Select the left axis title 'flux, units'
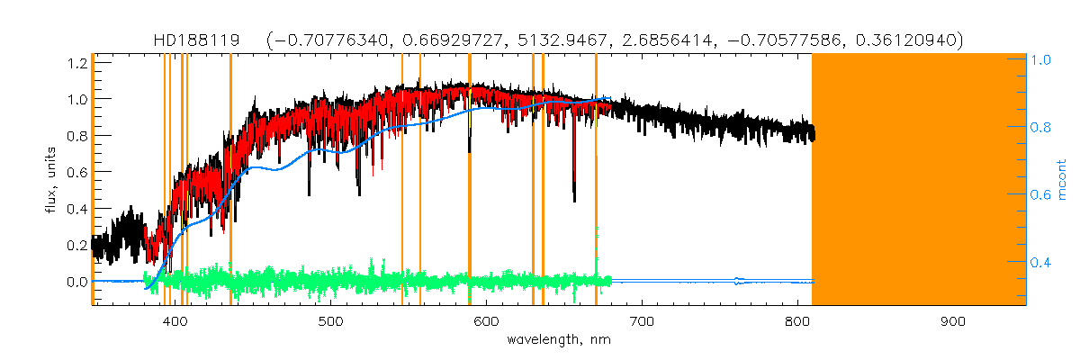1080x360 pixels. [50, 180]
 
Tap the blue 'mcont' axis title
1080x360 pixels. [1063, 180]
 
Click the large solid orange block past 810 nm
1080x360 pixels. [918, 180]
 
